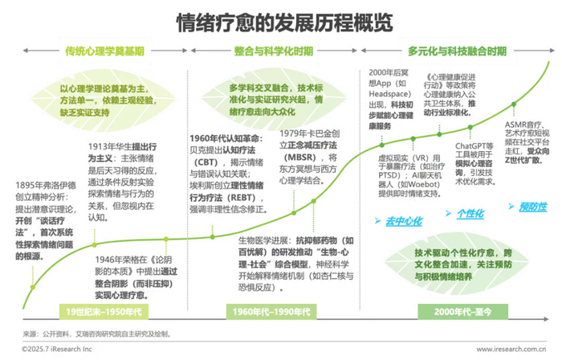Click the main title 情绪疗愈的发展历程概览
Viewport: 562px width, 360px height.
280,20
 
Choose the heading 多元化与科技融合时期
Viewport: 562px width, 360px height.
457,51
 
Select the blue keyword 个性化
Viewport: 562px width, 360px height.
469,214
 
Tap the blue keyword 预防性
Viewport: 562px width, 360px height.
531,207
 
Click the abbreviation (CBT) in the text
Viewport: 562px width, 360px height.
206,160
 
